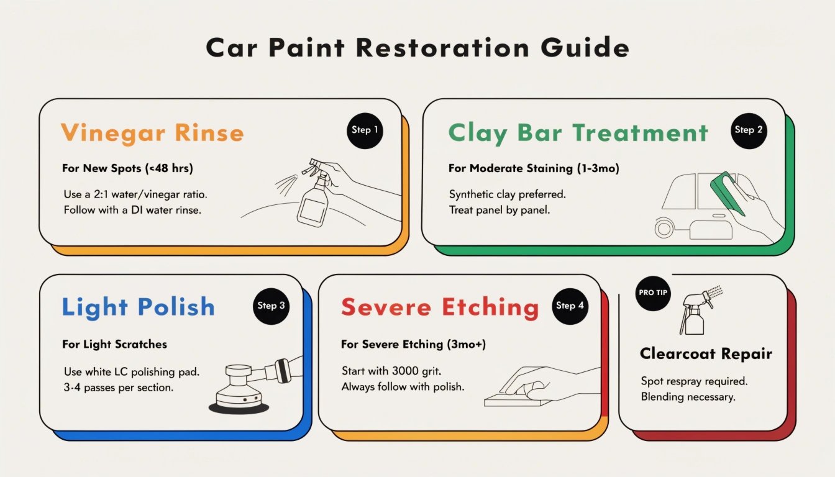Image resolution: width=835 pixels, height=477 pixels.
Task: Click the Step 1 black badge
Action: tap(365, 131)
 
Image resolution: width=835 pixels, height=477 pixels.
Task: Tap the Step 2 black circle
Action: tap(749, 131)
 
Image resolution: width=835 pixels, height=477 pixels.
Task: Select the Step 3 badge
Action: tap(271, 306)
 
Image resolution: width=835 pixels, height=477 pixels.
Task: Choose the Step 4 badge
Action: tap(570, 306)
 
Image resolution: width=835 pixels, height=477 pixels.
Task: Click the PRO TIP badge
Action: tap(653, 293)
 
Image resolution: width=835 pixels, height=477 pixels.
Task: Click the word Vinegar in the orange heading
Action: tap(113, 134)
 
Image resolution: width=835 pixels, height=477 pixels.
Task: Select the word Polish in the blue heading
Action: tap(176, 307)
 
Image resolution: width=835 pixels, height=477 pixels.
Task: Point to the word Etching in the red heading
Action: tap(490, 309)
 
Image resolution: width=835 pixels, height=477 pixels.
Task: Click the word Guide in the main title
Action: tap(585, 48)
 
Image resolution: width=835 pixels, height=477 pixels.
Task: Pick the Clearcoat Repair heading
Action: tap(706, 353)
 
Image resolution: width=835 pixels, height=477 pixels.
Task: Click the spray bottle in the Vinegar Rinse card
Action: tap(314, 193)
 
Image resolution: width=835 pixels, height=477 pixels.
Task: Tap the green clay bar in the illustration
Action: tap(728, 193)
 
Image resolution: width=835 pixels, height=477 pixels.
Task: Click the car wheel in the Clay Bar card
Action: tap(664, 229)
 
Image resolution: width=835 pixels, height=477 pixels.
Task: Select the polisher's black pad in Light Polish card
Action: tap(239, 407)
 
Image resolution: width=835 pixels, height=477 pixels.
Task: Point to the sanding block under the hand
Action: tap(518, 398)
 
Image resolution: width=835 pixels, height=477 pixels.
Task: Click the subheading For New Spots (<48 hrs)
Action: tap(127, 168)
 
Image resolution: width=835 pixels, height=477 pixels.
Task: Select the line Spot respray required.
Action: tap(694, 381)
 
